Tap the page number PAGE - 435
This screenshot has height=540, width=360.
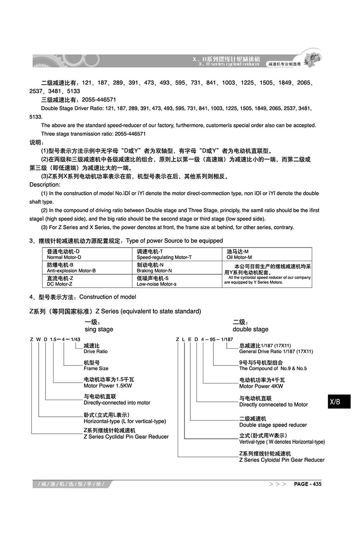point(307,484)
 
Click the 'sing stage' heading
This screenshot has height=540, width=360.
point(99,329)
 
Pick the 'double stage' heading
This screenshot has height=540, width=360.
point(250,329)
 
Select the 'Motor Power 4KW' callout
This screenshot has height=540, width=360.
point(261,386)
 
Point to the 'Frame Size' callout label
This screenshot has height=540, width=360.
point(96,368)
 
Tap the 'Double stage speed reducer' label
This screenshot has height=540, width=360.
point(273,425)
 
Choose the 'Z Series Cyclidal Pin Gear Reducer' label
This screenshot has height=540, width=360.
point(126,436)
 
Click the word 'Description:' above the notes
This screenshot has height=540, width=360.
point(45,184)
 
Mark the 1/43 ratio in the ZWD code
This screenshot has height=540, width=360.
point(76,339)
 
